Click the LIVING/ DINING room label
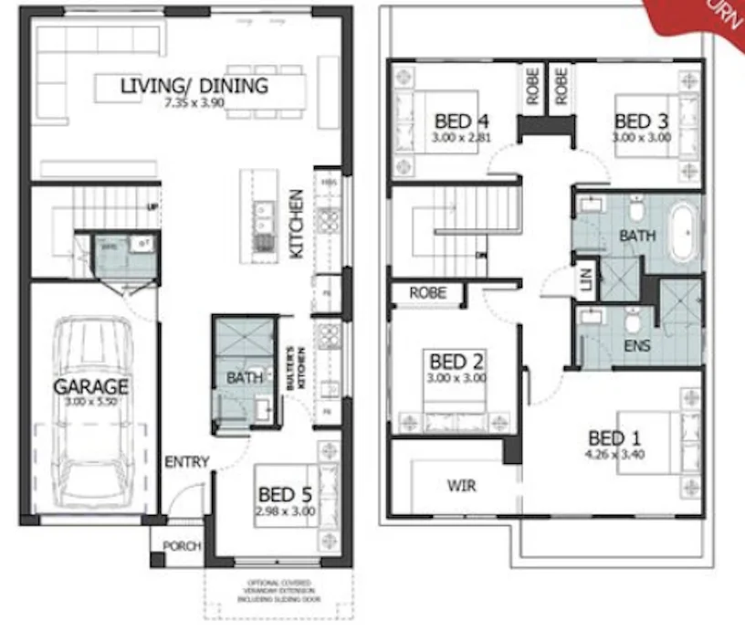(x=194, y=87)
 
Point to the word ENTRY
(x=187, y=462)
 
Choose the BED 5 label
(x=285, y=497)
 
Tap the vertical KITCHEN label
(x=297, y=224)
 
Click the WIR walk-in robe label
(x=461, y=484)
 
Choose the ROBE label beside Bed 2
(x=428, y=294)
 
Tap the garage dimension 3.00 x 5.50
(x=90, y=401)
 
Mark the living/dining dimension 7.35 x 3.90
(x=194, y=104)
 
